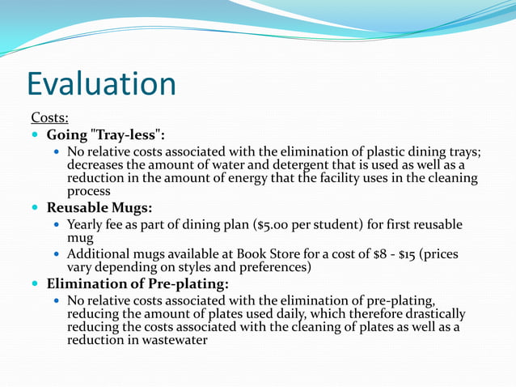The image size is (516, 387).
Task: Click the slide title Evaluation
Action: (x=101, y=84)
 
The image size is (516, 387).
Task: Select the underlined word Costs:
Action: (x=49, y=118)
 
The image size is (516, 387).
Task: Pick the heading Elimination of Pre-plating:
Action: (x=137, y=283)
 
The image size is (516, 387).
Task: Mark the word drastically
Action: (x=434, y=313)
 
